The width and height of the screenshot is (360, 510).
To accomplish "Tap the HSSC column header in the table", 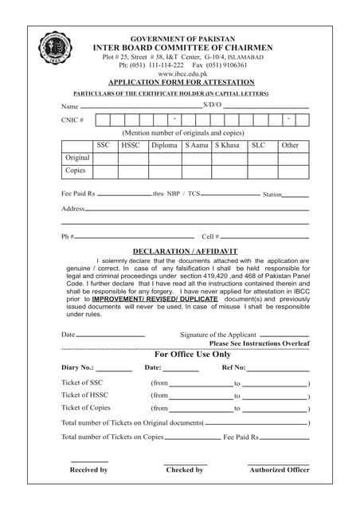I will (131, 145).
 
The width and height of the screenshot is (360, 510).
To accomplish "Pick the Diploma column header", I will (164, 145).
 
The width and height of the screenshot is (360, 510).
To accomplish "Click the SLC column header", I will (258, 145).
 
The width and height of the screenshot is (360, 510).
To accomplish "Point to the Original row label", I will (77, 158).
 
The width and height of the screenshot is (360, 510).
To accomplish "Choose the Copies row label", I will (75, 171).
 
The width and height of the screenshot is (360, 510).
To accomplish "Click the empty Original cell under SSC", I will (103, 158).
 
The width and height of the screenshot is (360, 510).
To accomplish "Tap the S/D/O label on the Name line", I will (212, 105).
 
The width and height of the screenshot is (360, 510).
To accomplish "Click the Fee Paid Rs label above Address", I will (78, 194).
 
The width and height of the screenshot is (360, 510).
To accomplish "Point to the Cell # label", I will (210, 237).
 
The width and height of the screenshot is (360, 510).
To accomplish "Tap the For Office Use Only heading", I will (192, 354).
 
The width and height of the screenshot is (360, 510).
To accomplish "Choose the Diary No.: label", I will (77, 368).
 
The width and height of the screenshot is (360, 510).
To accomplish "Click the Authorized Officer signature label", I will (279, 470).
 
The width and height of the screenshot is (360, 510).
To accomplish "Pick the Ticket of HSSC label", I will (84, 395).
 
